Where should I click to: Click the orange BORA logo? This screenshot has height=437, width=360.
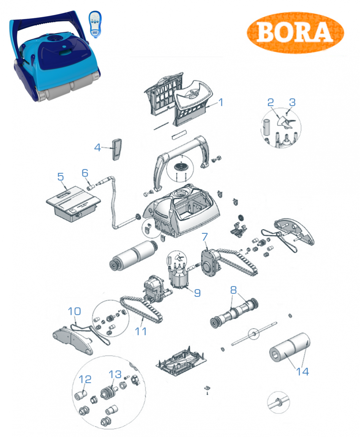click(x=295, y=32)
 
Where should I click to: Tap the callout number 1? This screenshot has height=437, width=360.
click(x=221, y=102)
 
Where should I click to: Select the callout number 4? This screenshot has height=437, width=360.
click(x=97, y=147)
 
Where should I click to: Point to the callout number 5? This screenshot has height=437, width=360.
click(x=61, y=177)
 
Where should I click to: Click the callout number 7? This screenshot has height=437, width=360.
click(x=205, y=237)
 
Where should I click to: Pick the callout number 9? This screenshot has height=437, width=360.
click(x=197, y=293)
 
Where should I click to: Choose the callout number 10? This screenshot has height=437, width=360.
click(x=74, y=311)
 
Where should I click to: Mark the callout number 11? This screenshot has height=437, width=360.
click(x=141, y=332)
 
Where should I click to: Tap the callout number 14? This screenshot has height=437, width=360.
click(x=302, y=372)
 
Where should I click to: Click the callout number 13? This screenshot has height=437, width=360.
click(x=115, y=374)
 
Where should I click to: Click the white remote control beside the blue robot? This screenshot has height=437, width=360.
click(x=95, y=24)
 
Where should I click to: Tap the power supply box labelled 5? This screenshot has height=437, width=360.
click(x=73, y=203)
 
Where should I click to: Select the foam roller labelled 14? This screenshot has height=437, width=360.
click(x=290, y=348)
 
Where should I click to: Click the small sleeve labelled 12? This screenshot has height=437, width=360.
click(x=81, y=395)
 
